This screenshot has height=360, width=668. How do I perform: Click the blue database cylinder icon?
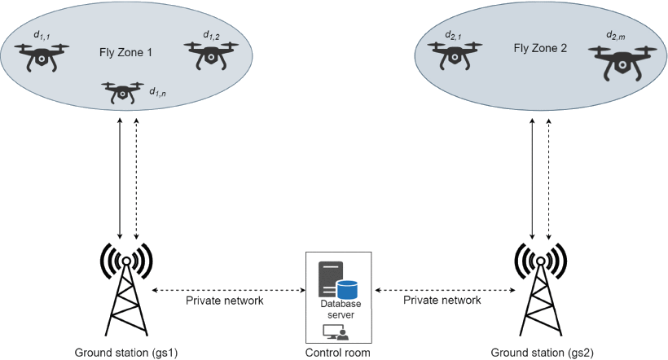(x=348, y=288)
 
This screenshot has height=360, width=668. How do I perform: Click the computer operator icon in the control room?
(x=336, y=331)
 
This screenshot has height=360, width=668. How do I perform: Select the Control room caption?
(x=338, y=353)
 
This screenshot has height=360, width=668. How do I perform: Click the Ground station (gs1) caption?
(x=126, y=353)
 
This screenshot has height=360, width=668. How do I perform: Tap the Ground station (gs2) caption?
(x=538, y=353)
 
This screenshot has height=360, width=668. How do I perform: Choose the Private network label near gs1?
(x=224, y=300)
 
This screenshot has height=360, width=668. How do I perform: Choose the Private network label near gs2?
(x=442, y=300)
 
